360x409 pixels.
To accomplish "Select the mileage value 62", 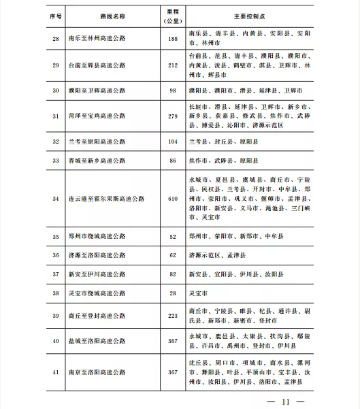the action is click(172, 255).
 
